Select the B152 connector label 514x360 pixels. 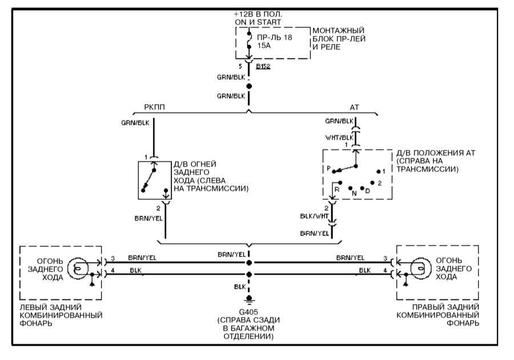[263, 67]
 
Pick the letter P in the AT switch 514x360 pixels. [328, 170]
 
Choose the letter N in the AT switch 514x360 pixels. [354, 193]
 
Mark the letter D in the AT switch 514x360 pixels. [367, 190]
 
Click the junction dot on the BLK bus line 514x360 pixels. [248, 274]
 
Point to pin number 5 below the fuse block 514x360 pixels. [240, 66]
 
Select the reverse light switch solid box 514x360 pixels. [154, 179]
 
